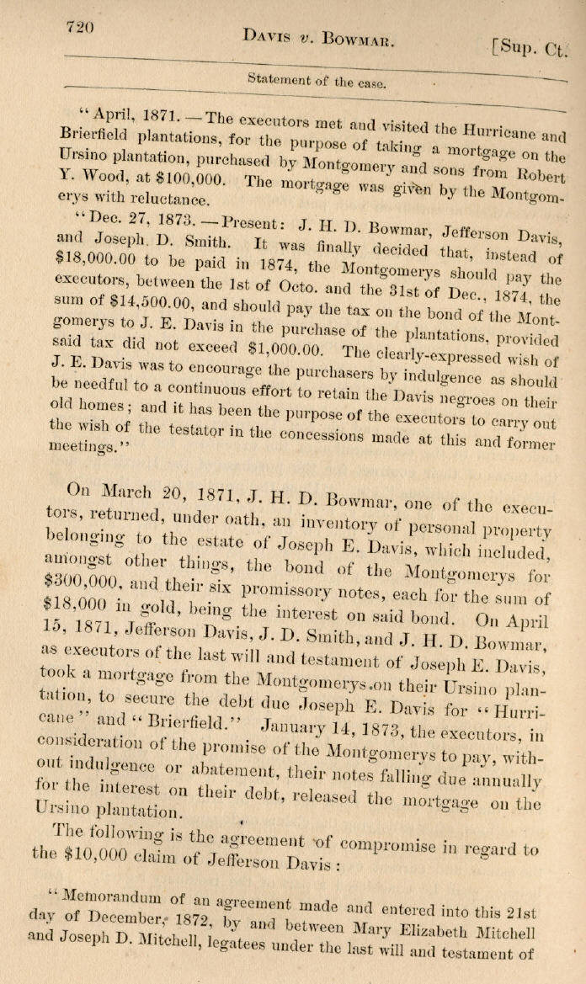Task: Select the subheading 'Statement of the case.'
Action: (x=317, y=82)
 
